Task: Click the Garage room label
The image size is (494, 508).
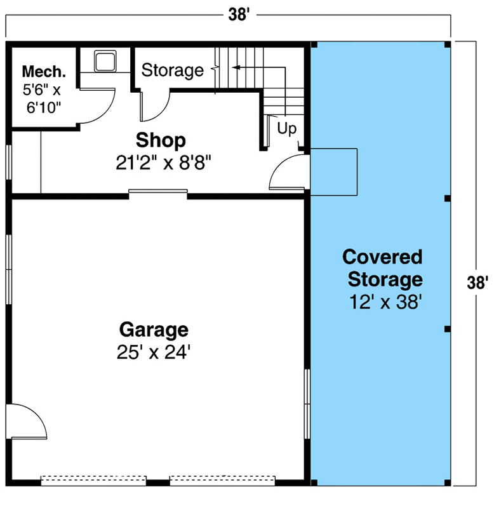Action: coord(154,330)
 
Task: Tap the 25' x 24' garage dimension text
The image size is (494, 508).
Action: coord(154,352)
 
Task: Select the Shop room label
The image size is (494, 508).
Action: coord(161,140)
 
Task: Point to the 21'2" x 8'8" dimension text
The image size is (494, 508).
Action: coord(163,163)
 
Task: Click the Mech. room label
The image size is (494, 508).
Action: coord(43,70)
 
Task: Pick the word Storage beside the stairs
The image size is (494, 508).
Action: coord(172,70)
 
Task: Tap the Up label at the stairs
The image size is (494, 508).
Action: coord(287,129)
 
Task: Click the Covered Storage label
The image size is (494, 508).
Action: coord(382,268)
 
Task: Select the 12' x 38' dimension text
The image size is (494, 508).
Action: coord(382,302)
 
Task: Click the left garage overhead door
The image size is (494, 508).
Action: coord(93,481)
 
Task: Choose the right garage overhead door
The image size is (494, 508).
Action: coord(222,481)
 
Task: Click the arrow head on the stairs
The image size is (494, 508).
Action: coord(234,66)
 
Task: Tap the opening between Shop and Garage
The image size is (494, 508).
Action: coord(158,192)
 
